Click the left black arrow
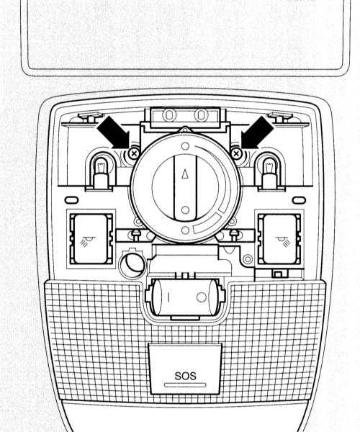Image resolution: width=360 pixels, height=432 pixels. (114, 132)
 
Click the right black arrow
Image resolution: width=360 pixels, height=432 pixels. (257, 132)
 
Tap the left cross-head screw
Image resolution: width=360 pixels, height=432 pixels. (134, 153)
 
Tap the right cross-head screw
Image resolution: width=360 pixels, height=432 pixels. (236, 153)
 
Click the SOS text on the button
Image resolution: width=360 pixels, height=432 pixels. (185, 376)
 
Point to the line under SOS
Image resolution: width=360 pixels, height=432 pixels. (185, 384)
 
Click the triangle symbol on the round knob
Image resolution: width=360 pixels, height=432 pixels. (185, 174)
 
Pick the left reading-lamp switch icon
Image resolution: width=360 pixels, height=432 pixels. (86, 241)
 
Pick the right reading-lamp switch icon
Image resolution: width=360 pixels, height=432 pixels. (284, 241)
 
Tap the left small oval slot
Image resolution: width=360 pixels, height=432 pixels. (71, 200)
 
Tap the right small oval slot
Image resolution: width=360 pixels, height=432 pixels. (299, 200)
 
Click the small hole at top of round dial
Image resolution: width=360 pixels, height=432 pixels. (186, 145)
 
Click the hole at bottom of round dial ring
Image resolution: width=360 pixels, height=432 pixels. (185, 230)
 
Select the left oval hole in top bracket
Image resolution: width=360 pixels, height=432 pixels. (168, 114)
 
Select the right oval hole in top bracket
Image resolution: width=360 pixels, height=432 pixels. (201, 114)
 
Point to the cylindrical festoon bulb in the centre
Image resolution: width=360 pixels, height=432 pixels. (185, 297)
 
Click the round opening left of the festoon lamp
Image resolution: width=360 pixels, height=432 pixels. (132, 264)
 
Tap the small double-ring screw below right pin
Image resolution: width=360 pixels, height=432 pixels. (248, 259)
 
